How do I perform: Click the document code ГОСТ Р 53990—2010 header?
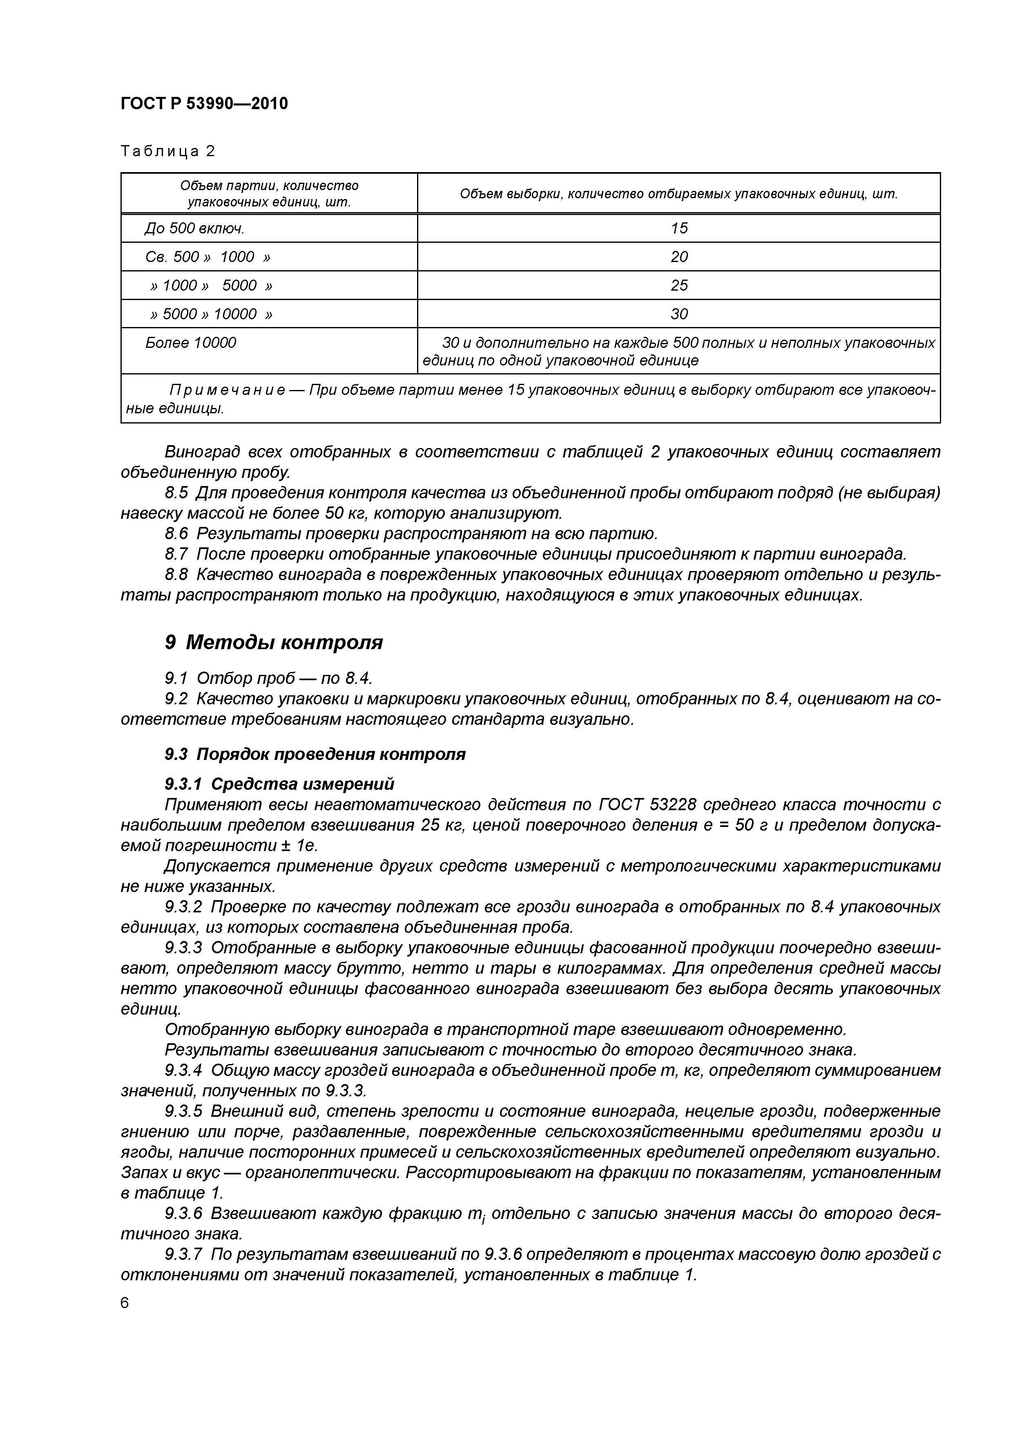(x=204, y=103)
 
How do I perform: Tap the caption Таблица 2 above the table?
(x=167, y=151)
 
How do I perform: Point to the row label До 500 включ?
(x=194, y=229)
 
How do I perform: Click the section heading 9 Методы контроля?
(x=273, y=642)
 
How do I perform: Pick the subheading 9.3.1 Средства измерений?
(x=280, y=783)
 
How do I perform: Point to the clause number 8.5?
(x=176, y=493)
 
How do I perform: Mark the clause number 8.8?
(x=176, y=575)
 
